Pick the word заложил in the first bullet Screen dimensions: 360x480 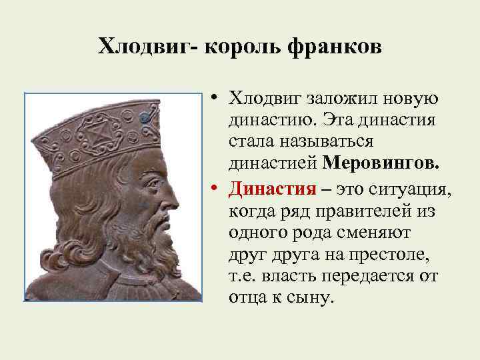[341, 99]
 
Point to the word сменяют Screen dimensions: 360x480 [360, 233]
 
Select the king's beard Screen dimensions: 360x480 [150, 247]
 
